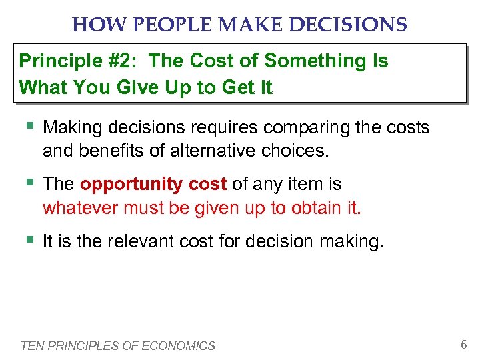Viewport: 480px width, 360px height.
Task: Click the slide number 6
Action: pyautogui.click(x=463, y=345)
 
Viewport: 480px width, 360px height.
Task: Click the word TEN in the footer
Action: pyautogui.click(x=31, y=346)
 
